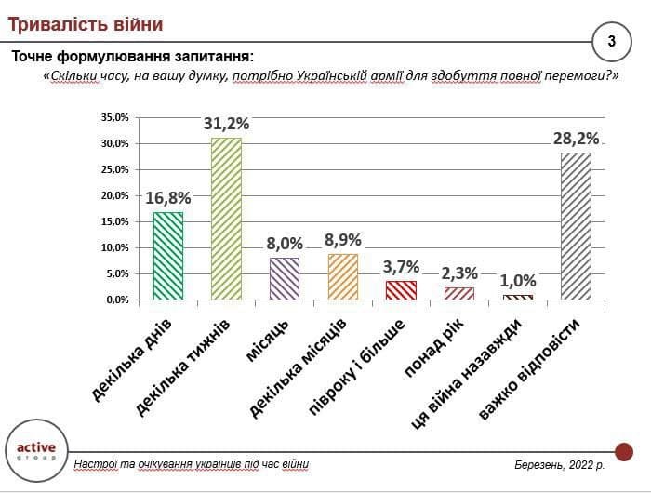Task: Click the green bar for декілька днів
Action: (168, 256)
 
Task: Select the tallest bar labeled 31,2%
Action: (226, 219)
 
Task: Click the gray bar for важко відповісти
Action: (576, 226)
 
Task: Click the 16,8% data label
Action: (168, 198)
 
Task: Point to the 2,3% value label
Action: (459, 273)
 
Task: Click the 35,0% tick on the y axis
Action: (114, 117)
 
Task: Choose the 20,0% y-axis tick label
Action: (114, 195)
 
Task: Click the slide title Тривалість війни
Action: (85, 22)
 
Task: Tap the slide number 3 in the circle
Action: (611, 41)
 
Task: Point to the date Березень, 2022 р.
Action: (559, 464)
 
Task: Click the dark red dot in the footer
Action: (623, 452)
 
